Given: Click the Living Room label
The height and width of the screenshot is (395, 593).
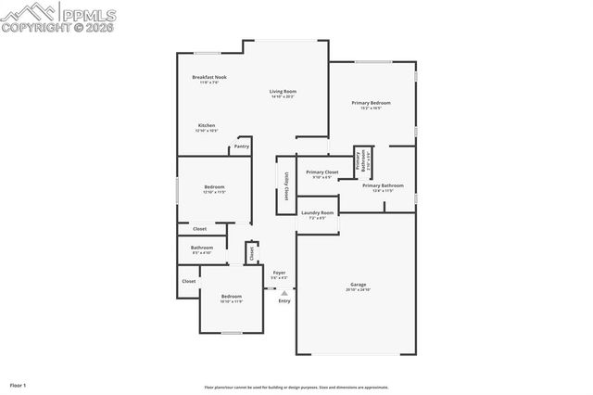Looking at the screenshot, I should (x=283, y=91).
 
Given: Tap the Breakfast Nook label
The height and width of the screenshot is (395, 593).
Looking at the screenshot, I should (x=209, y=77).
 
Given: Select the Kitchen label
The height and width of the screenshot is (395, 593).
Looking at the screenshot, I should (x=207, y=125).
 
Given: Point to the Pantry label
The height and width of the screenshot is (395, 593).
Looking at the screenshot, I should (x=241, y=146).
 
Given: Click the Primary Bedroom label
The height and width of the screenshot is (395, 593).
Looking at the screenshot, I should (x=371, y=102).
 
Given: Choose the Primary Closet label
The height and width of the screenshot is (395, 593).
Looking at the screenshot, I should (x=322, y=172).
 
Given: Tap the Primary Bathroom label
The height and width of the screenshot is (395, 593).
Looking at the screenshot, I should (x=383, y=185).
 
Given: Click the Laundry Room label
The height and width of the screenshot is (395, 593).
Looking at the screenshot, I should (x=317, y=212).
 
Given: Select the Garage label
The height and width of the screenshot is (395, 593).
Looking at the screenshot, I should (x=358, y=284).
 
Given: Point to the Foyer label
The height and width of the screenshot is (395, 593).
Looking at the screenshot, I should (x=279, y=273).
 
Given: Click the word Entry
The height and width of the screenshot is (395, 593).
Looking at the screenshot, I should (x=284, y=300).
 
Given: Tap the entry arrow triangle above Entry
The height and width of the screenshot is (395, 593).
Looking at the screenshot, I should (x=284, y=293).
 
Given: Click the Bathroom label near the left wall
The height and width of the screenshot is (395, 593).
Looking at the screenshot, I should (x=202, y=248).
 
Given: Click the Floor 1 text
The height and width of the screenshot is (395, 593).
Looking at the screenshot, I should (x=18, y=384).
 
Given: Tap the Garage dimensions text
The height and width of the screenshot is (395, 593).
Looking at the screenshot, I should (x=358, y=290).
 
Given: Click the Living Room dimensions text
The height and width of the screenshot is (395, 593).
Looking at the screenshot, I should (x=283, y=97).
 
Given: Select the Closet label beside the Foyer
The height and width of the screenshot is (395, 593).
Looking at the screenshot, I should (x=251, y=252).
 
